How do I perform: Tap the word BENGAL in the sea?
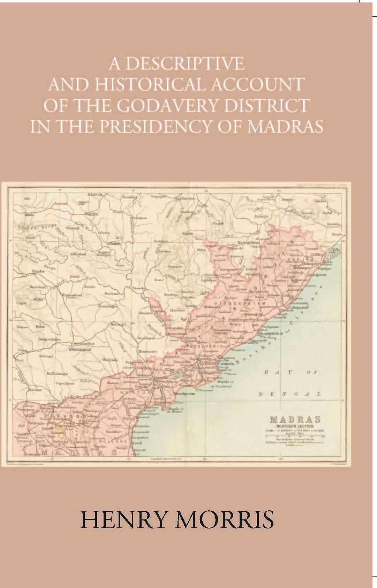point(289,394)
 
